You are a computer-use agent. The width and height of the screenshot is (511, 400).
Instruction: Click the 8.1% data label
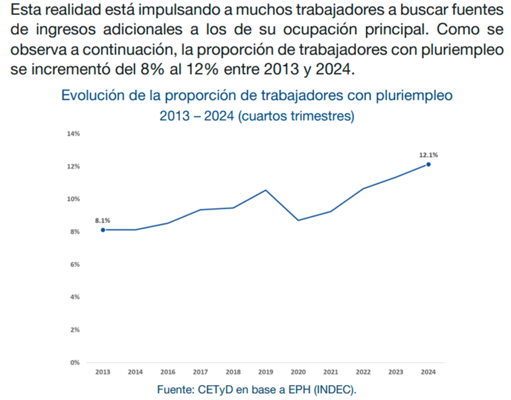[x=103, y=220]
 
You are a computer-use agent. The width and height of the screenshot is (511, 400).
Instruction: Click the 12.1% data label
[x=428, y=154]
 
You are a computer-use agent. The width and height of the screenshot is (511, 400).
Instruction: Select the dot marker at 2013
[x=103, y=230]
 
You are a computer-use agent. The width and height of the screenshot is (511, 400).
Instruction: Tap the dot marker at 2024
[x=428, y=164]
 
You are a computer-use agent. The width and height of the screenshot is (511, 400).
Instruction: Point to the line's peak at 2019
[x=265, y=190]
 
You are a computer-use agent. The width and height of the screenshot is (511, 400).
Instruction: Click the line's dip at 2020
[x=298, y=220]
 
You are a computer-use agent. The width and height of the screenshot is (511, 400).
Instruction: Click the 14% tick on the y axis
[x=73, y=134]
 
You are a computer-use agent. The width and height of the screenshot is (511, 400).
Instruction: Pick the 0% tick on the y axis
[x=75, y=363]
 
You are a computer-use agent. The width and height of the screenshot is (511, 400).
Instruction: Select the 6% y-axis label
[x=75, y=265]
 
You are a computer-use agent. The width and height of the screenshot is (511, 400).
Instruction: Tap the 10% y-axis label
[x=73, y=199]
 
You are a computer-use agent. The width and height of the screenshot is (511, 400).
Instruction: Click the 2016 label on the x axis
[x=168, y=372]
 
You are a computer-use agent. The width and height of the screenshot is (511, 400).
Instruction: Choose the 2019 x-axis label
[x=265, y=372]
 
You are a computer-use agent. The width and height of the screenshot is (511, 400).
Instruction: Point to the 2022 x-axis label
[x=363, y=372]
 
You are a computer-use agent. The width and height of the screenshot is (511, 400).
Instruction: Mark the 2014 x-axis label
[x=135, y=372]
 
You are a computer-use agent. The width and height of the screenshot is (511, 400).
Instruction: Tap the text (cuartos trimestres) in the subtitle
[x=296, y=116]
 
